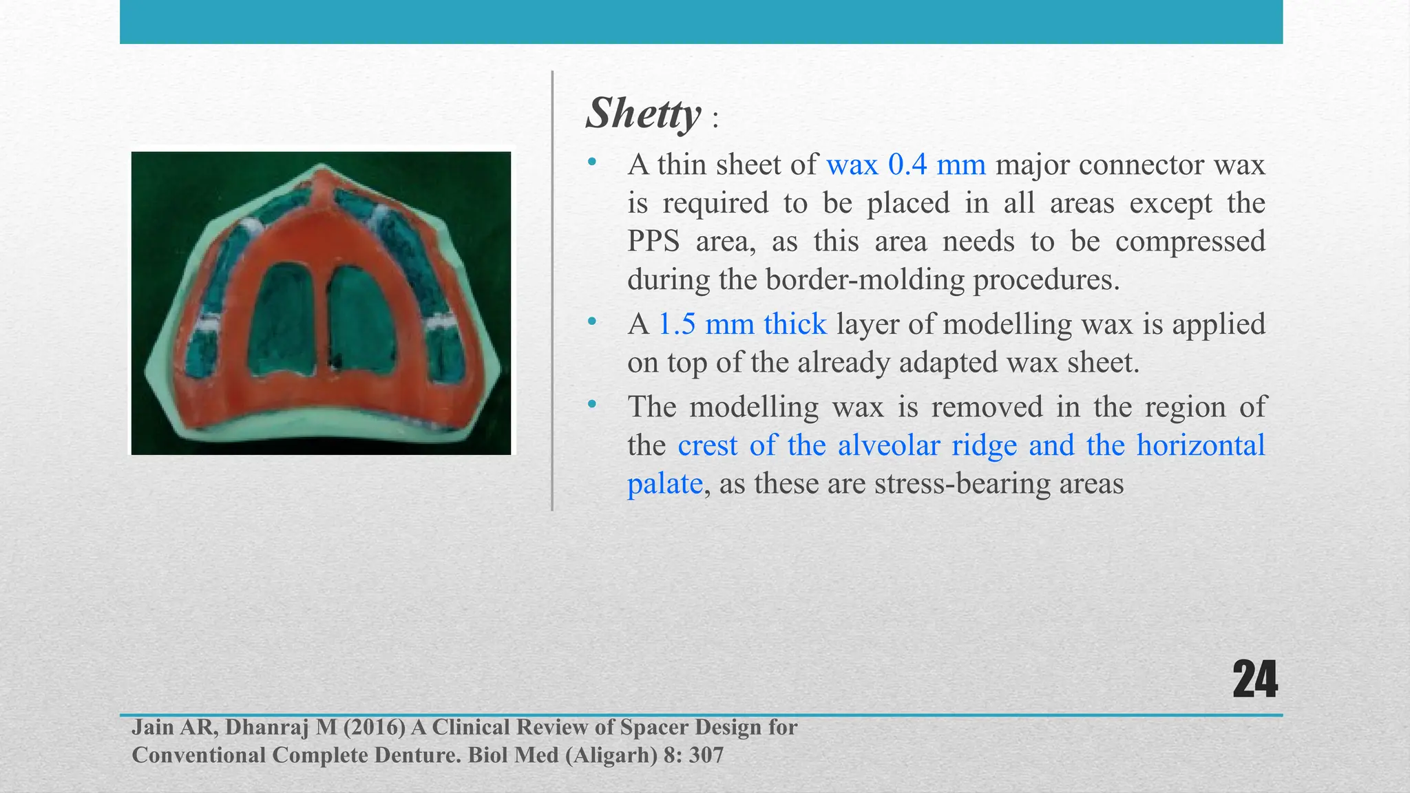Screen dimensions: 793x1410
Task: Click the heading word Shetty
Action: (643, 114)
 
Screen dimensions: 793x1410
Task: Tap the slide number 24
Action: (1254, 680)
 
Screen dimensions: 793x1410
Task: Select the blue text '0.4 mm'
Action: (936, 165)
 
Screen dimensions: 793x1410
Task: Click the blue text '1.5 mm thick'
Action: (742, 324)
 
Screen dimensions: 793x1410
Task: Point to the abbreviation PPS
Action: (653, 242)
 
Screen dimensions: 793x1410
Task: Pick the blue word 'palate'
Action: (664, 484)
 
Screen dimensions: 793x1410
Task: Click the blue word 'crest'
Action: (707, 445)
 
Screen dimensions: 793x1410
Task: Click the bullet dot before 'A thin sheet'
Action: (591, 162)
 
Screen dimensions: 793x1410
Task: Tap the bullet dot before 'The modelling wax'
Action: (591, 405)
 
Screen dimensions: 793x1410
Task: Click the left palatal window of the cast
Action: (283, 320)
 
